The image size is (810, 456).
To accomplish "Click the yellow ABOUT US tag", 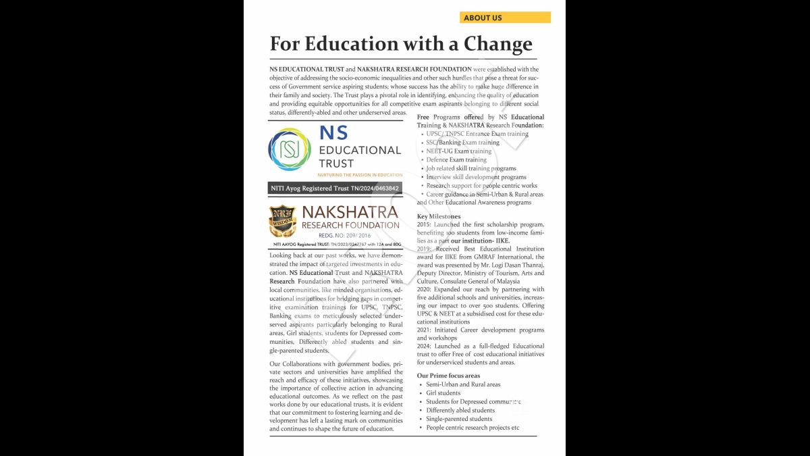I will point(505,18).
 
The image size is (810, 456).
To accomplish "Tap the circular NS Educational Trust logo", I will point(290,149).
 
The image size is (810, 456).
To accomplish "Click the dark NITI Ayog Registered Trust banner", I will point(335,188).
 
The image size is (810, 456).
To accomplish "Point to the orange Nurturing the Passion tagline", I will point(360,175).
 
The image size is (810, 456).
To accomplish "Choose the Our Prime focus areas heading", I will point(448,376).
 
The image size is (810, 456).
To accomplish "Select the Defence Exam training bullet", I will point(456,160).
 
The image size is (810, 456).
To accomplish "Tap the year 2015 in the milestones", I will point(424,224).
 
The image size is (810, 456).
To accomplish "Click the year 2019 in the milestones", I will point(424,249).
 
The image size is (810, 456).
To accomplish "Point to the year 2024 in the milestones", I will point(424,346).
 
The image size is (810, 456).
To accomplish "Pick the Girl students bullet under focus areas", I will point(443,393).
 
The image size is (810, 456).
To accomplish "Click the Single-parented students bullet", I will point(459,419).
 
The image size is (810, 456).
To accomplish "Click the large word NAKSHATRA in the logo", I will point(350,213).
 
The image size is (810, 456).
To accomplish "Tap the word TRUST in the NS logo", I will point(336,163).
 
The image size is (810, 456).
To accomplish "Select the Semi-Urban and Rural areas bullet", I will point(463,384).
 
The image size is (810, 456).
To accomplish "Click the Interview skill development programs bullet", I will point(475,177).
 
